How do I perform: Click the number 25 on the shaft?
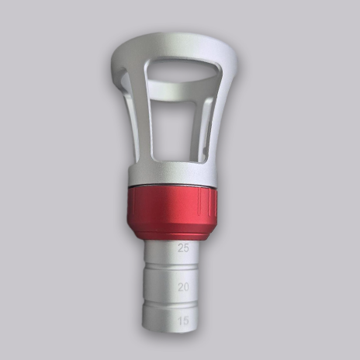184,248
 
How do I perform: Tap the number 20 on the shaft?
184,287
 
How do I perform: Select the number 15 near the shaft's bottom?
184,320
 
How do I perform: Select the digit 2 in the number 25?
181,248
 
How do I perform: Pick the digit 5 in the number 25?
187,248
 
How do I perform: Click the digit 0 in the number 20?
187,287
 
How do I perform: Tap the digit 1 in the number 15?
181,320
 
